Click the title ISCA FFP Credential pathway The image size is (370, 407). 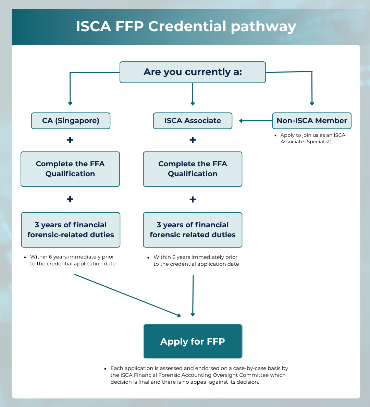[x=186, y=27]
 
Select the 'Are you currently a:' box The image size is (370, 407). [x=193, y=72]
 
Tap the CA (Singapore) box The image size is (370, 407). [x=71, y=121]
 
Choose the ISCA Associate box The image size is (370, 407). [x=193, y=121]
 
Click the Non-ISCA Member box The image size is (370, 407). [x=312, y=121]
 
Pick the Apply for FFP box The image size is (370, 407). [x=193, y=342]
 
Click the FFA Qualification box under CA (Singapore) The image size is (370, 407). [x=70, y=169]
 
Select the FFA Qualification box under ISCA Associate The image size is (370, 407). [x=193, y=169]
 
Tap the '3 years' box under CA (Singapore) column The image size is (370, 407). [x=71, y=230]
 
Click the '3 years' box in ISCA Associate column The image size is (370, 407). [x=193, y=230]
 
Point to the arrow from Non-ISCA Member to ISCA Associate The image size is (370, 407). [x=256, y=121]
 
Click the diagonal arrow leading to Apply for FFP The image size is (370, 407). [x=127, y=295]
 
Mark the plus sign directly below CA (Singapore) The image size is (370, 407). [x=70, y=140]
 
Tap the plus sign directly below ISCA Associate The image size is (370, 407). [x=193, y=140]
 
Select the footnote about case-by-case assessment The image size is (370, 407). [x=199, y=375]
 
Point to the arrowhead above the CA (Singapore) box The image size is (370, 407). [x=70, y=103]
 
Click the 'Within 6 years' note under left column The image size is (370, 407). [x=72, y=260]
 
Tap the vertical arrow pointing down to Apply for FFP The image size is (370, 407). [x=193, y=295]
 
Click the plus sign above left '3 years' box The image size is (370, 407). [x=70, y=199]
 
